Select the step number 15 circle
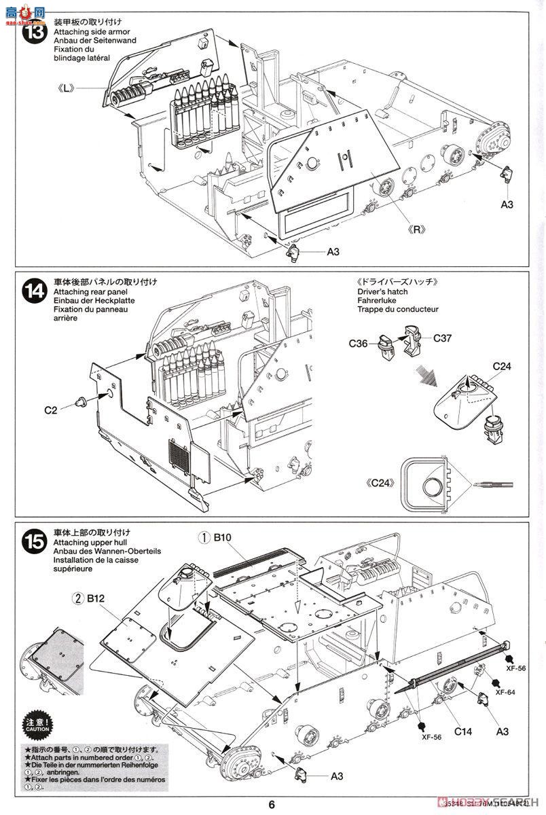(34, 543)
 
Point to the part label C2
(52, 410)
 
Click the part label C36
(359, 344)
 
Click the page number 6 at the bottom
(272, 804)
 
